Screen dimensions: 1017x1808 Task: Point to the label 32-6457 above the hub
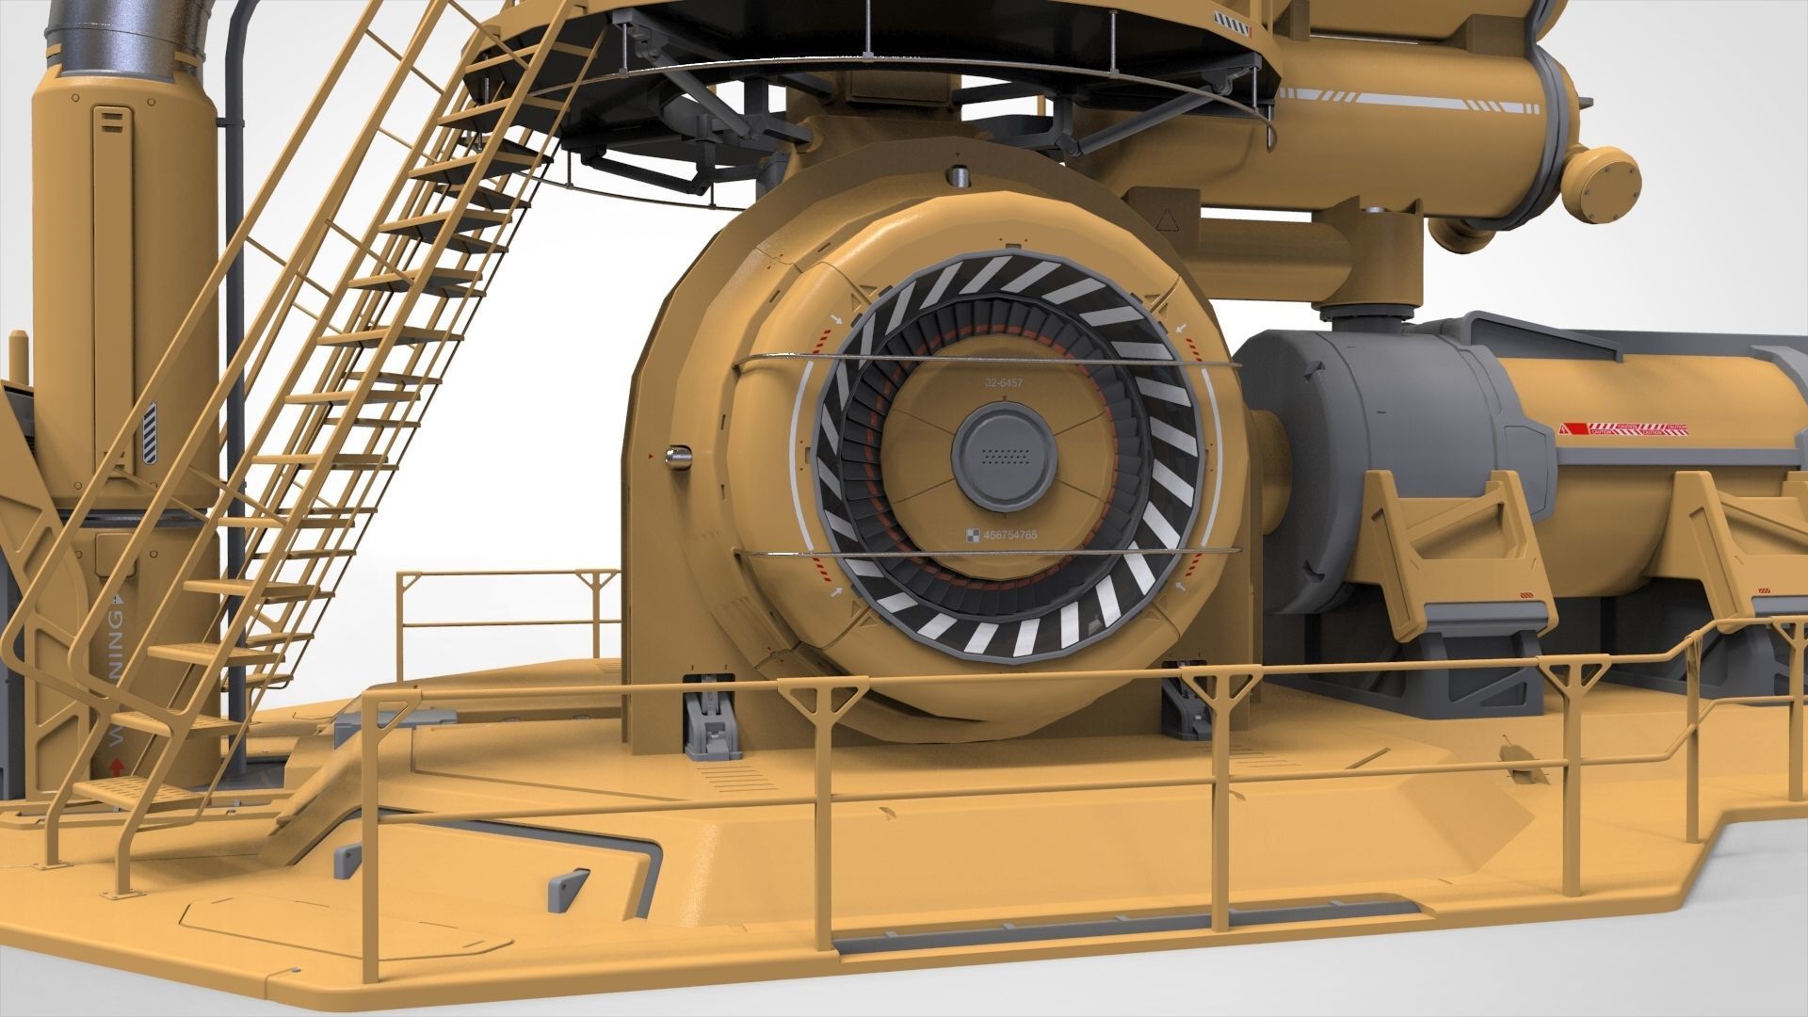[1004, 383]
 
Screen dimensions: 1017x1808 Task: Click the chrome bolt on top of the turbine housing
[959, 176]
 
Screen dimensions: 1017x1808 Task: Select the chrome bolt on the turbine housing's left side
[677, 457]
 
